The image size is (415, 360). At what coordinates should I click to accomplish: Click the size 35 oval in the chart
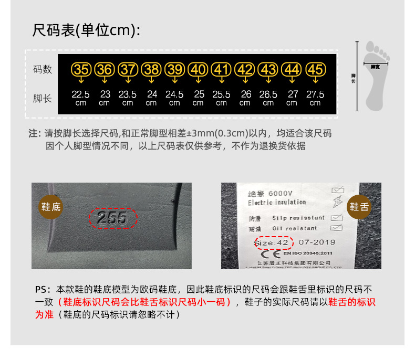point(81,69)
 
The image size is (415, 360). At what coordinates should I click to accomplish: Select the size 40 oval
point(198,69)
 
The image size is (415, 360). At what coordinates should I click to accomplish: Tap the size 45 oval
point(315,69)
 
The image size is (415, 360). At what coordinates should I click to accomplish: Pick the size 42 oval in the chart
point(245,69)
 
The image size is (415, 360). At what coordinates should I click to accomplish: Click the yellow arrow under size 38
point(151,81)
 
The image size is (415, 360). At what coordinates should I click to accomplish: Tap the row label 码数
point(43,69)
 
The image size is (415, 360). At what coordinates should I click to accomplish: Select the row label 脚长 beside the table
point(43,98)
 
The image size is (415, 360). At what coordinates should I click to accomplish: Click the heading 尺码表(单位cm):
point(87,30)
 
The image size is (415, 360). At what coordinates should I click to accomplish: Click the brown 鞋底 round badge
point(51,207)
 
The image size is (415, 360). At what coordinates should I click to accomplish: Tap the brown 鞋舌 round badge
point(361,207)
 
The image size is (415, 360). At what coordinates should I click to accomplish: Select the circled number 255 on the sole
point(113,218)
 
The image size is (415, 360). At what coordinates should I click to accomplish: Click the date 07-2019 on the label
point(317,242)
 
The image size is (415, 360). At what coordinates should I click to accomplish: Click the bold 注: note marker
point(34,133)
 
